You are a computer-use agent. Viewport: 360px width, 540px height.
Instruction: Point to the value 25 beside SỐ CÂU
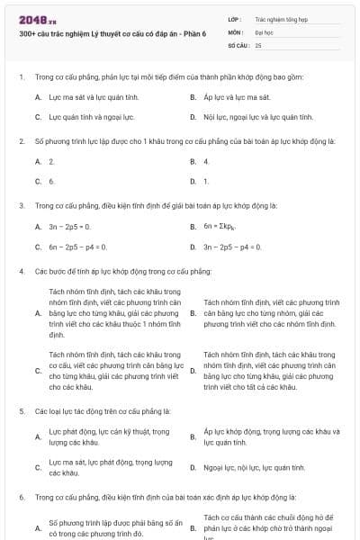coord(258,44)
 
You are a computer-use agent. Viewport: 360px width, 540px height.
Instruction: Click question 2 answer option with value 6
coord(51,182)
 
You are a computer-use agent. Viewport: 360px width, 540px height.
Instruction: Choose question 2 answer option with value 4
coord(206,161)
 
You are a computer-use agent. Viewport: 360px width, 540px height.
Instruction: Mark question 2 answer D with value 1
coord(206,182)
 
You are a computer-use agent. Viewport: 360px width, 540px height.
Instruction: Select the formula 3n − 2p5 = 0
coord(70,226)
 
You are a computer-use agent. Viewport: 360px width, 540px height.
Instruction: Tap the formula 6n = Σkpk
coord(225,226)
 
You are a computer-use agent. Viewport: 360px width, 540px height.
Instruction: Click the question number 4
coord(21,271)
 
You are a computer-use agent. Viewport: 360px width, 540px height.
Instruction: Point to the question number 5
coord(21,410)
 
